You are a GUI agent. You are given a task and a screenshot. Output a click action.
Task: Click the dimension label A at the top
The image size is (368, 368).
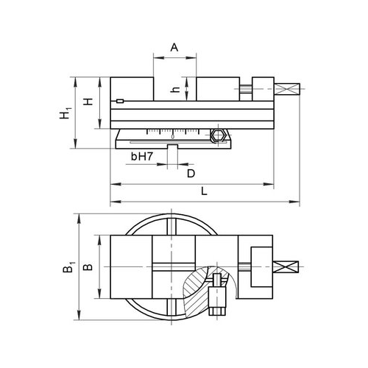pos(174,47)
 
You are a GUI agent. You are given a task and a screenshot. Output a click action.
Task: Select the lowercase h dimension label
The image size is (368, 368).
pos(175,90)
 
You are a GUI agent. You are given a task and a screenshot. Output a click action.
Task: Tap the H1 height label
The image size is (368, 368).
pos(65,113)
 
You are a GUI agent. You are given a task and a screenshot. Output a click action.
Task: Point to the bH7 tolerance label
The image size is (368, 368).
pos(142,156)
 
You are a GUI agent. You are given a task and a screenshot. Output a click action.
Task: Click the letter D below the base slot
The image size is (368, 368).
pos(191,174)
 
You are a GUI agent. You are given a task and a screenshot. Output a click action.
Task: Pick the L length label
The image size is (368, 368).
pos(204,191)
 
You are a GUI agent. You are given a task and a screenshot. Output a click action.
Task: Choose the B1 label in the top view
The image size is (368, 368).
pos(68,267)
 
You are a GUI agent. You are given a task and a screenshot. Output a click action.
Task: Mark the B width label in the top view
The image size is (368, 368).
pos(88,267)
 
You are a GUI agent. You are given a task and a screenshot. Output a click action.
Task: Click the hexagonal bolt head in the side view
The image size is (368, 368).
pos(219,135)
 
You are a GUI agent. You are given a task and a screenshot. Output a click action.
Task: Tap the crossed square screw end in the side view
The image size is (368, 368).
pos(287,89)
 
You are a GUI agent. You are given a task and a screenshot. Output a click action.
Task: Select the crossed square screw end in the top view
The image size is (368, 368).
pos(286,267)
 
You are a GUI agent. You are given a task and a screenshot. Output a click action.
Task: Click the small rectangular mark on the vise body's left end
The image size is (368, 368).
pos(120,101)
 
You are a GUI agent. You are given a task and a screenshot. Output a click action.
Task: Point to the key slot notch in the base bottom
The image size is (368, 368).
pos(172,146)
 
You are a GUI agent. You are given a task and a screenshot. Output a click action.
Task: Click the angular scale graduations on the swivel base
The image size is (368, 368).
pos(173,132)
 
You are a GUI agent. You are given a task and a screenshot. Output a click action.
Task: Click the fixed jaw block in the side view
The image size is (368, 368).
pos(132,89)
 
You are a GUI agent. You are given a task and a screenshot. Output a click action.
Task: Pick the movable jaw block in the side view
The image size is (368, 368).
pos(218,89)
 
